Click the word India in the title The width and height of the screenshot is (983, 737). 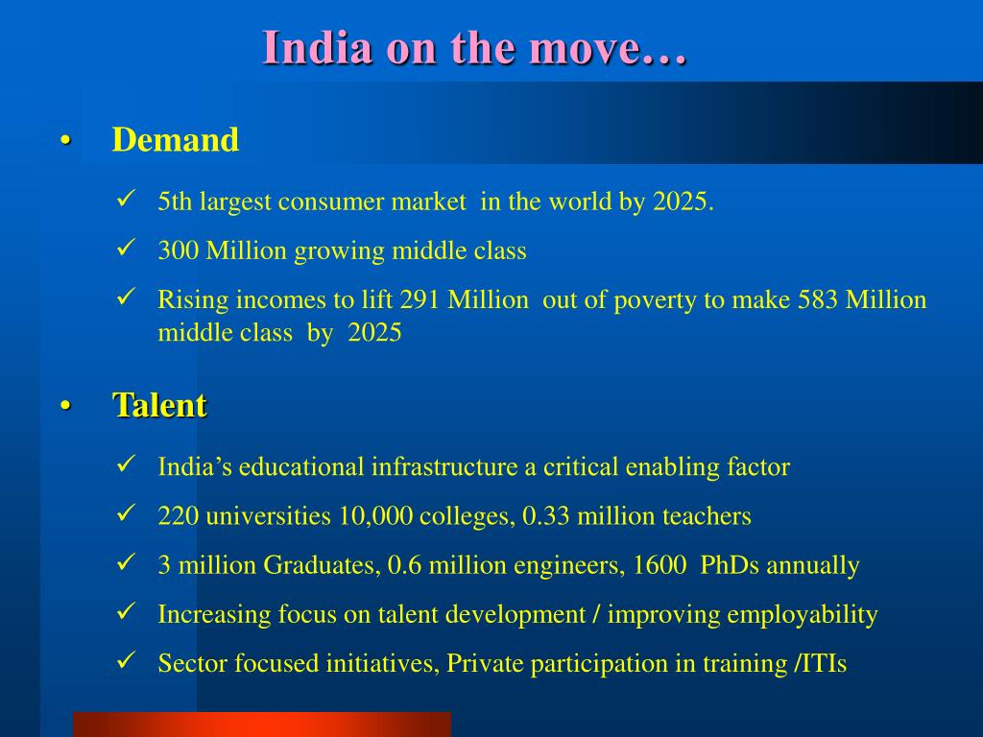[x=317, y=48]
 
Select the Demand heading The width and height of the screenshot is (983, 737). [x=176, y=139]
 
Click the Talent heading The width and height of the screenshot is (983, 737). [x=160, y=405]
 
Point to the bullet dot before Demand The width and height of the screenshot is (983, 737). [x=65, y=140]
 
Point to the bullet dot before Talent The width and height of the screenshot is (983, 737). [x=65, y=406]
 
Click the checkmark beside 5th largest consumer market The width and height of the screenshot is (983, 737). [x=126, y=200]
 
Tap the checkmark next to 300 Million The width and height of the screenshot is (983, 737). [x=126, y=248]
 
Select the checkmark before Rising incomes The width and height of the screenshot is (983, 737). [x=126, y=297]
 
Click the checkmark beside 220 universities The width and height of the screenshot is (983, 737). [x=126, y=512]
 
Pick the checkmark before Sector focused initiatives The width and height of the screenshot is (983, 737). [x=126, y=660]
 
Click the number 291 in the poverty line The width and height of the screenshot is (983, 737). [x=420, y=300]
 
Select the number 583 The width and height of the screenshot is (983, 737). [x=818, y=300]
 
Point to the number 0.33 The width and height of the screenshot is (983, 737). [x=545, y=516]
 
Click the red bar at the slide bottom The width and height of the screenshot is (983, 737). [x=262, y=725]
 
